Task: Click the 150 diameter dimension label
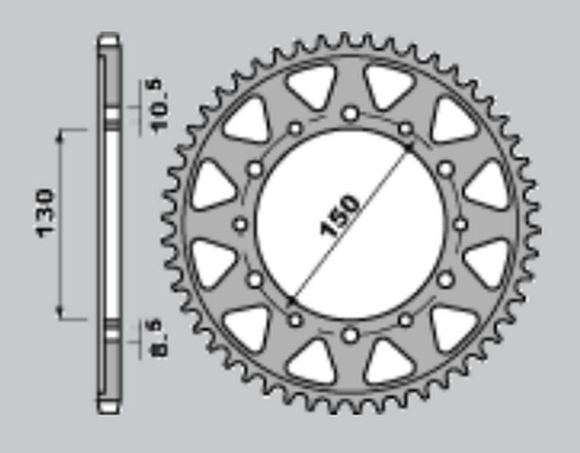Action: point(340,216)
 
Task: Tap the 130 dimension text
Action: point(45,213)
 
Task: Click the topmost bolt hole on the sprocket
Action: point(350,114)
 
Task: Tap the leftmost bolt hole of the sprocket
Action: point(240,225)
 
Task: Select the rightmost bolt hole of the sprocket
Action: point(461,225)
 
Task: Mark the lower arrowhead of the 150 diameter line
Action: point(292,298)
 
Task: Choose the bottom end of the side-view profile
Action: point(109,407)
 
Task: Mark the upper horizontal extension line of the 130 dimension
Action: point(73,130)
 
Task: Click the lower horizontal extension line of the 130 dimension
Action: point(73,320)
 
